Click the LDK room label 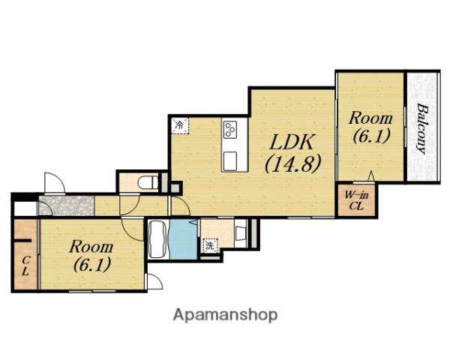coord(291,142)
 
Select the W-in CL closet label coord(356,201)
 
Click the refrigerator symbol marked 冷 coord(180,125)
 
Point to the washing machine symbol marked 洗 coord(210,246)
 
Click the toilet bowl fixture coord(147,181)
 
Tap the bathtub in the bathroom coord(157,239)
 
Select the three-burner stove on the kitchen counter coord(231,130)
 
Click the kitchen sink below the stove coord(230,160)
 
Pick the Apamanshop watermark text coord(225,315)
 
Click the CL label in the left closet coord(25,265)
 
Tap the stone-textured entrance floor coord(67,205)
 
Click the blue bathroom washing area coord(184,239)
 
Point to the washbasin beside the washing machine coord(240,233)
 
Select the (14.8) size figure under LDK coord(292,164)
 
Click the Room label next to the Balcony coord(370,118)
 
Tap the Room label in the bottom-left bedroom coord(91,247)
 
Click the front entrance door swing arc coord(55,182)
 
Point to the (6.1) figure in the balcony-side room coord(371,136)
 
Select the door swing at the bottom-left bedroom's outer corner coord(154,281)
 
